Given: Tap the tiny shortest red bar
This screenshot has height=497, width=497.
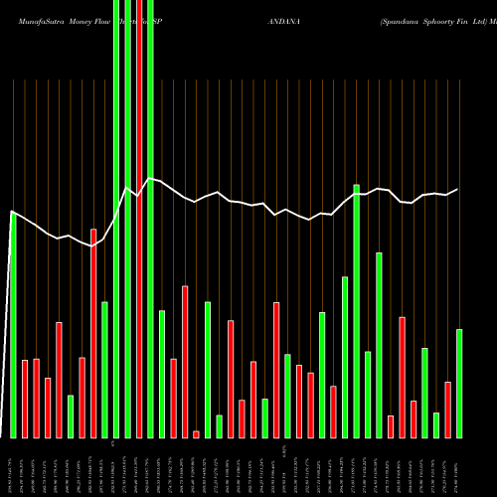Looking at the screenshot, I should [x=196, y=433].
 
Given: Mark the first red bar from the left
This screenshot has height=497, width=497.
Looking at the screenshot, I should [x=25, y=398].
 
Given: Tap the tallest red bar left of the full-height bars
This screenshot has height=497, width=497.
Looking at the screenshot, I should [x=93, y=333].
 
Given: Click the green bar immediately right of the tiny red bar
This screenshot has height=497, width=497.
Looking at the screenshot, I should [x=208, y=369].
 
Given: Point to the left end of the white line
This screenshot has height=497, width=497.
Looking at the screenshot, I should [x=12, y=212].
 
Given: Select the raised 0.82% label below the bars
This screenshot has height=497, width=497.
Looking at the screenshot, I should [x=284, y=449].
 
